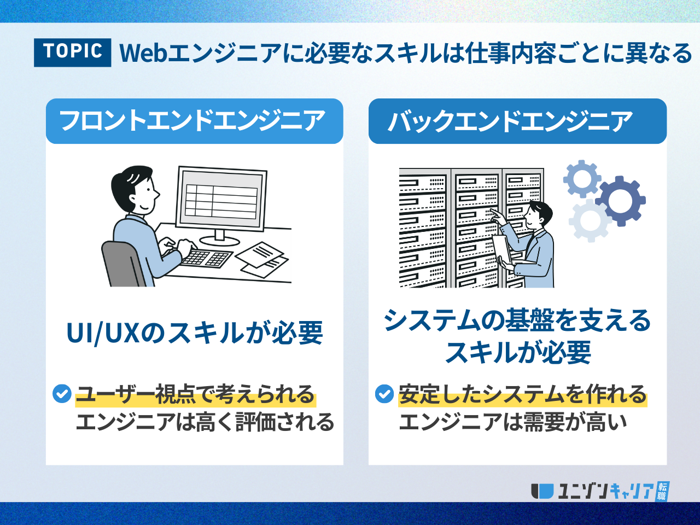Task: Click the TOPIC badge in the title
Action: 72,52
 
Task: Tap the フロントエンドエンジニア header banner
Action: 194,121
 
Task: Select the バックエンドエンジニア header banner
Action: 517,121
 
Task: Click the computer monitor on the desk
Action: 221,198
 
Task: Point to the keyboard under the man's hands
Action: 205,258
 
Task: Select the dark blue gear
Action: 621,200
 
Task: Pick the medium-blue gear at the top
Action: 582,178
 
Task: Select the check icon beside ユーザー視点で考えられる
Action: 62,394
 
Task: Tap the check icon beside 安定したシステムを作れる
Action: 384,394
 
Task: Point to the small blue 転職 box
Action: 662,491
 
